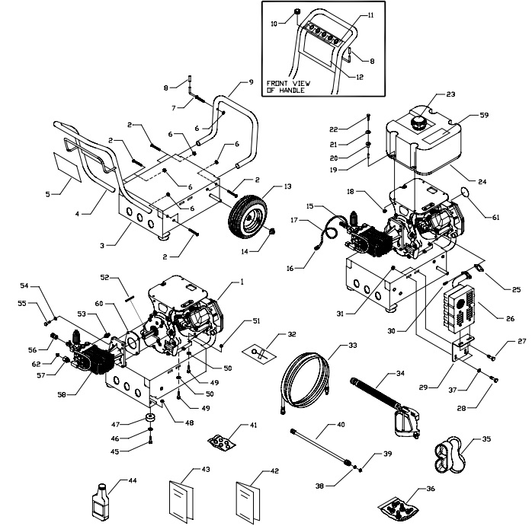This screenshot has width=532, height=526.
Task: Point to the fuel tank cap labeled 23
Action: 419,121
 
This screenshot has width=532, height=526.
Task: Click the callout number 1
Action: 242,282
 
